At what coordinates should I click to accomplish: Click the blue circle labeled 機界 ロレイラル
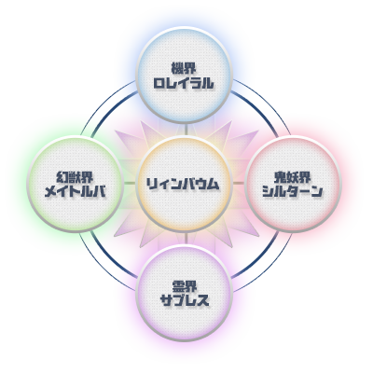pyautogui.click(x=185, y=75)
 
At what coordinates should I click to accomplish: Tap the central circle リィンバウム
pyautogui.click(x=185, y=184)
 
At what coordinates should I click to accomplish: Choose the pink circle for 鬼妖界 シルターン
pyautogui.click(x=293, y=185)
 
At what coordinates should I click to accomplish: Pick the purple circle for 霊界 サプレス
pyautogui.click(x=185, y=294)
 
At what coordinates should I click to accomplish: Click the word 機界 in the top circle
pyautogui.click(x=184, y=68)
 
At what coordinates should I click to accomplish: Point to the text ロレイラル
pyautogui.click(x=184, y=83)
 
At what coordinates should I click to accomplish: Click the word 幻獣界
pyautogui.click(x=75, y=177)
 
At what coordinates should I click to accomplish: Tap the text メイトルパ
pyautogui.click(x=76, y=192)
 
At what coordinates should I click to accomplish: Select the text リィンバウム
pyautogui.click(x=183, y=184)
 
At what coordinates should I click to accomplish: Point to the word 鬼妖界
pyautogui.click(x=292, y=177)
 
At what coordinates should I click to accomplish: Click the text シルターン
pyautogui.click(x=292, y=192)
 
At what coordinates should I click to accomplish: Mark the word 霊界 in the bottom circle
pyautogui.click(x=184, y=286)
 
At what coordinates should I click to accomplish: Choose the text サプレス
pyautogui.click(x=185, y=300)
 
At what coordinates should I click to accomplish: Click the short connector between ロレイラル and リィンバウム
pyautogui.click(x=186, y=130)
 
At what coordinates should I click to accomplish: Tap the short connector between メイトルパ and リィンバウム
pyautogui.click(x=130, y=184)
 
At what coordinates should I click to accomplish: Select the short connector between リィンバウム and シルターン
pyautogui.click(x=239, y=184)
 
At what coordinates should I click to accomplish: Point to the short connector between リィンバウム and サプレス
pyautogui.click(x=186, y=239)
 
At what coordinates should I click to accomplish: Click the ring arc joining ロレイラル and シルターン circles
pyautogui.click(x=263, y=105)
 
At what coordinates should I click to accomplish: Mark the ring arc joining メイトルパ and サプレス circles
pyautogui.click(x=105, y=263)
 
